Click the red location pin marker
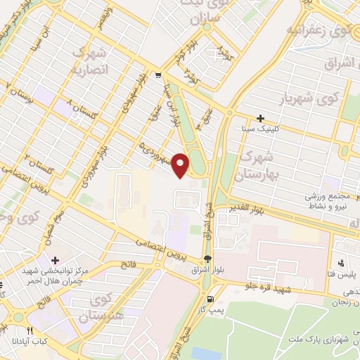pyautogui.click(x=181, y=165)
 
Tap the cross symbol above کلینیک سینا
pyautogui.click(x=261, y=118)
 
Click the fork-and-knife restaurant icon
pyautogui.click(x=30, y=330)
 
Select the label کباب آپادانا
pyautogui.click(x=30, y=341)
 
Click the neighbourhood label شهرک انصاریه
pyautogui.click(x=89, y=62)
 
